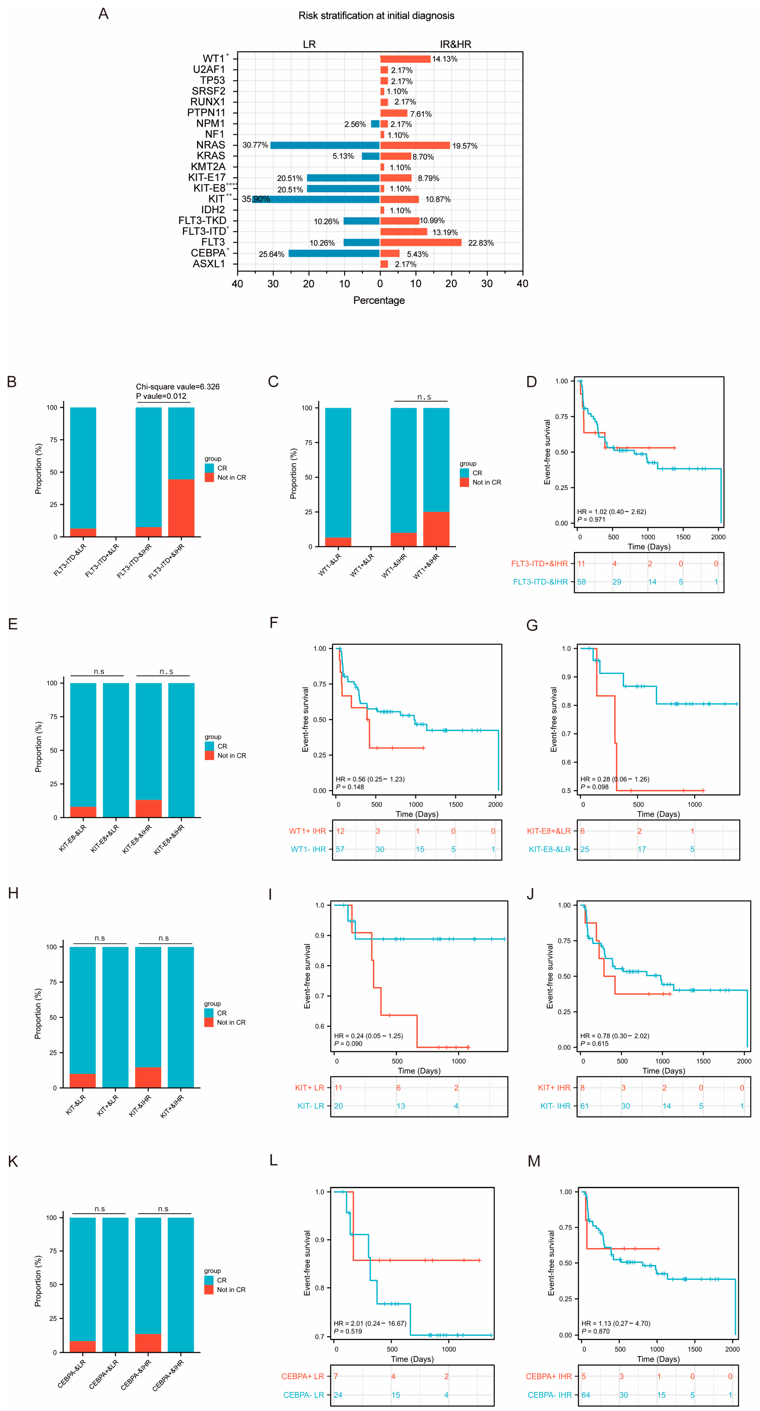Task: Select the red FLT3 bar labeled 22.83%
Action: pyautogui.click(x=420, y=242)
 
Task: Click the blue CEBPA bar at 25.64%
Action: pyautogui.click(x=334, y=253)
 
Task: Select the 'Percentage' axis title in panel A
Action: pyautogui.click(x=379, y=300)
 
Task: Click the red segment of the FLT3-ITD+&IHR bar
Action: pyautogui.click(x=181, y=508)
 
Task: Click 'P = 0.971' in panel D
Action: pyautogui.click(x=591, y=519)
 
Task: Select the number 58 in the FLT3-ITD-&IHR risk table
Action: pyautogui.click(x=581, y=582)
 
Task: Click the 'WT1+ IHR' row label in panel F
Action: pyautogui.click(x=307, y=831)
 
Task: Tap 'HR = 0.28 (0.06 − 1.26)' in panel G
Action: pyautogui.click(x=614, y=779)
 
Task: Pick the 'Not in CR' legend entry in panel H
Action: pyautogui.click(x=231, y=1022)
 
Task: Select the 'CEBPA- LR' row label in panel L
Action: pyautogui.click(x=303, y=1395)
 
